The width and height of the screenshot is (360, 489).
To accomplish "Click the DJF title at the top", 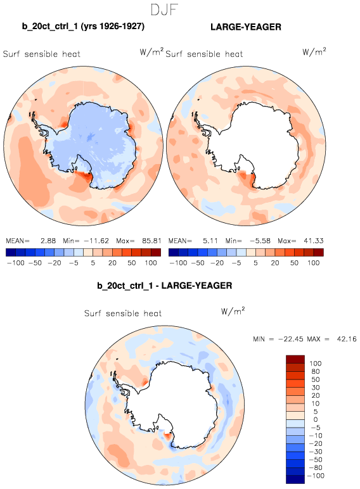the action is click(x=164, y=10).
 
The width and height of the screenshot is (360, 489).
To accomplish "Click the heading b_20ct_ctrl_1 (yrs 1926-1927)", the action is click(x=83, y=26).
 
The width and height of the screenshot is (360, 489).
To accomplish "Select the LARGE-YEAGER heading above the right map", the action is click(x=246, y=27).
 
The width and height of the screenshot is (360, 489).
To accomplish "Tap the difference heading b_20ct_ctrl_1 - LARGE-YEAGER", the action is click(x=165, y=286).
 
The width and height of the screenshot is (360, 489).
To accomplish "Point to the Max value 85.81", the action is click(x=151, y=241).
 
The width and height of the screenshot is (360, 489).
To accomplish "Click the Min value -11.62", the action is click(x=96, y=241).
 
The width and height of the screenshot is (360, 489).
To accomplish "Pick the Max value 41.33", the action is click(x=314, y=241).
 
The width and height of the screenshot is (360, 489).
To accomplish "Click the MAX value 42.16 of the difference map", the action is click(x=347, y=339).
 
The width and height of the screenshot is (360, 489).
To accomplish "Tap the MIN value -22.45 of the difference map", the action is click(x=290, y=339).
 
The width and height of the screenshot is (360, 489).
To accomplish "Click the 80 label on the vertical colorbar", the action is click(x=316, y=371).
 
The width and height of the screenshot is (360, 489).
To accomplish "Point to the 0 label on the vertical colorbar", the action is click(x=316, y=419).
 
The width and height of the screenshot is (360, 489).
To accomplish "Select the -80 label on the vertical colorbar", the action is click(x=316, y=467).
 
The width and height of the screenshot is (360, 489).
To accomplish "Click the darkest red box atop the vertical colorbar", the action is click(x=295, y=359).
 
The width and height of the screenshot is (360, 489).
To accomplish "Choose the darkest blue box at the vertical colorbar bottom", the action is click(x=295, y=479).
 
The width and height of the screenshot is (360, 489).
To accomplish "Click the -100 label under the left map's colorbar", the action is click(x=15, y=263).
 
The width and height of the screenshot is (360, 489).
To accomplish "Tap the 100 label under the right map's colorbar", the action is click(x=314, y=263).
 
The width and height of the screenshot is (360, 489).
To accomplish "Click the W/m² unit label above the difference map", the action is click(x=233, y=311).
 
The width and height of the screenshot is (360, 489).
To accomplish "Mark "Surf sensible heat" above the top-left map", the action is click(x=41, y=54).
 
